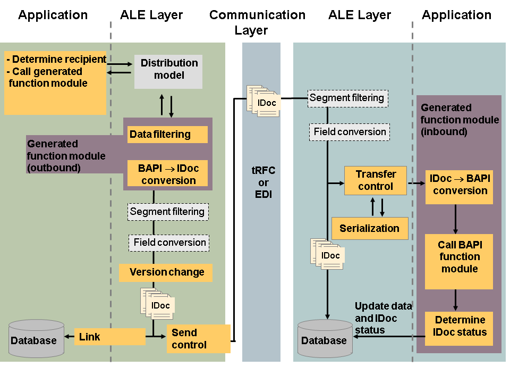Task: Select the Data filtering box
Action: click(167, 135)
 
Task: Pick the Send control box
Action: click(198, 338)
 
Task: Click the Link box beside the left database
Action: click(109, 337)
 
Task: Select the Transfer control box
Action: click(376, 180)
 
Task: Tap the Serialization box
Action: click(370, 228)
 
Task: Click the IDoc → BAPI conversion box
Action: click(460, 185)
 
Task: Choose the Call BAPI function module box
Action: click(459, 257)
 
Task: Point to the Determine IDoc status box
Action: click(459, 326)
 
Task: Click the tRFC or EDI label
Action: click(263, 182)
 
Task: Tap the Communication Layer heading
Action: click(257, 22)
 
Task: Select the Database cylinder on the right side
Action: click(324, 339)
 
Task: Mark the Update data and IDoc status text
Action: click(383, 318)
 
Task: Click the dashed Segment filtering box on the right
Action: click(348, 98)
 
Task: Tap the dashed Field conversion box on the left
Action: click(169, 243)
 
